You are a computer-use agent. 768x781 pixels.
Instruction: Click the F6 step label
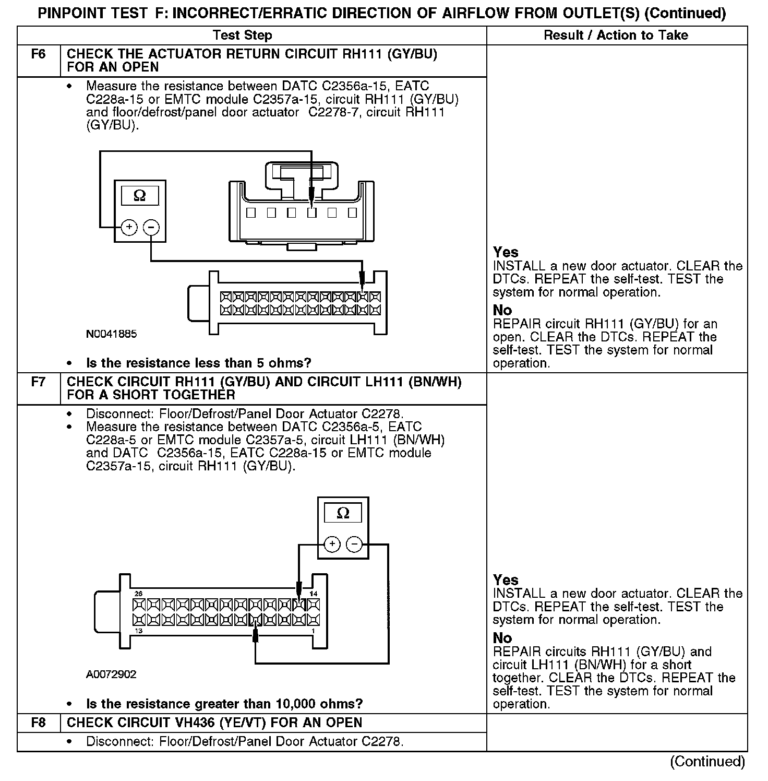pos(39,54)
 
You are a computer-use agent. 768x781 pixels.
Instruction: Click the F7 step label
pos(39,382)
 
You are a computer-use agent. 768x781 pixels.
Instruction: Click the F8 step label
pos(39,723)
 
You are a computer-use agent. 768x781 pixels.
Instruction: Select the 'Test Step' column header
pos(243,35)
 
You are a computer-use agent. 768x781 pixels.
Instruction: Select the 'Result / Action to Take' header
pos(616,35)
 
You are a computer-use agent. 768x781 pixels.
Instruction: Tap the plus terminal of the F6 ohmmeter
pos(129,227)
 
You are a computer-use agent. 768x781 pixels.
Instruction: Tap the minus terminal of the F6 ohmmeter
pos(151,227)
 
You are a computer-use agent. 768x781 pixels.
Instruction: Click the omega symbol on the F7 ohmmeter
pos(343,513)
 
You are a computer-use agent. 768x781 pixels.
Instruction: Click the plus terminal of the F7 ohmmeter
pos(332,545)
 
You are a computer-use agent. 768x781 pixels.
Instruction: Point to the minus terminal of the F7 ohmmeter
pos(354,545)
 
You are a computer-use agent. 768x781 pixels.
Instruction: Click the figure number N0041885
pos(111,334)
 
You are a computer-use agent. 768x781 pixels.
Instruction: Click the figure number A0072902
pos(111,674)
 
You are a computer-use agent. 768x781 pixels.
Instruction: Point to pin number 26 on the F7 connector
pos(138,594)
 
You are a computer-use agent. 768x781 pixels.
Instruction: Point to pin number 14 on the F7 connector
pos(314,594)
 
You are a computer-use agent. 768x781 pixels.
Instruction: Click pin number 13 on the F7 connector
pos(138,631)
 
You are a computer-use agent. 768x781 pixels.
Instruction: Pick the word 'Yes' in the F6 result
pos(506,252)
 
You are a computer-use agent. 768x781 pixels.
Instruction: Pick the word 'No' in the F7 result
pos(502,638)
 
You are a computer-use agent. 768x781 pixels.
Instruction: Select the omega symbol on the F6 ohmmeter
pos(139,196)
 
